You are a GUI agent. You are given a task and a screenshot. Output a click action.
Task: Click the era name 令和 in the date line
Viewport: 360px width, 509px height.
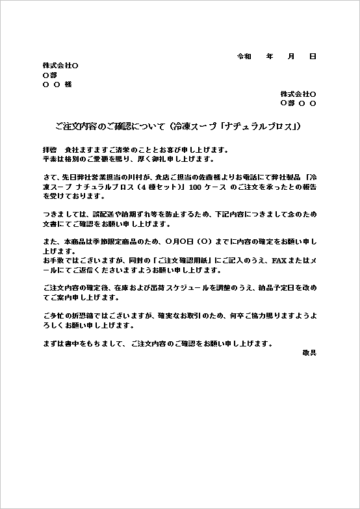click(x=244, y=57)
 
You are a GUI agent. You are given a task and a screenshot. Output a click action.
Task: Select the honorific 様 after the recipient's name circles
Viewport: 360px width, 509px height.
click(x=68, y=85)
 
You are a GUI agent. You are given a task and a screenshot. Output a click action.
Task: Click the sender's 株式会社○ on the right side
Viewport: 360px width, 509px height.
click(x=298, y=94)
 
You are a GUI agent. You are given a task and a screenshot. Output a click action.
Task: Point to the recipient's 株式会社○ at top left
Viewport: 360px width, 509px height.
click(x=60, y=66)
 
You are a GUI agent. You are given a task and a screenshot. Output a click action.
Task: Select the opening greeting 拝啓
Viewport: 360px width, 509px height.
click(x=49, y=150)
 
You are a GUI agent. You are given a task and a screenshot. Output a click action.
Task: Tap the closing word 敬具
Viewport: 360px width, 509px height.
click(x=309, y=352)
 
